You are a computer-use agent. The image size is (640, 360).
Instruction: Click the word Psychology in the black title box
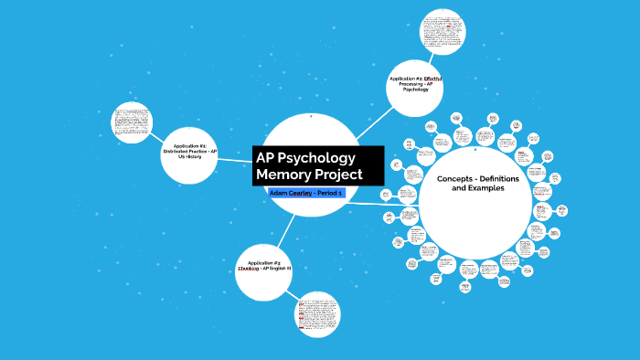coord(319,156)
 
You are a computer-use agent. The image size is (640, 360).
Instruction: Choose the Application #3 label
coord(263,263)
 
